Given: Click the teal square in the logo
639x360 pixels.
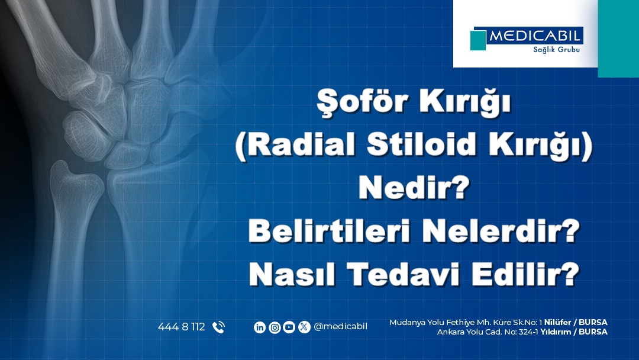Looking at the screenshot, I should point(478,40).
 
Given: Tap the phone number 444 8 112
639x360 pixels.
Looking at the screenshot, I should point(181,327).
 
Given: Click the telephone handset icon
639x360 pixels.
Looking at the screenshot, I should point(218,327).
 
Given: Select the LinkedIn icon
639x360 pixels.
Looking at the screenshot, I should point(260,327).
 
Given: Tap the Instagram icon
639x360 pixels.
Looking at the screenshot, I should point(275,327).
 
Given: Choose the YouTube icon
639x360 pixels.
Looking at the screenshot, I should point(289,327).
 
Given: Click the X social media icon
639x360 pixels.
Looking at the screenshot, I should point(304,327).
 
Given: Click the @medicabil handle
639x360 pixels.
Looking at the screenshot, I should point(340,327).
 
